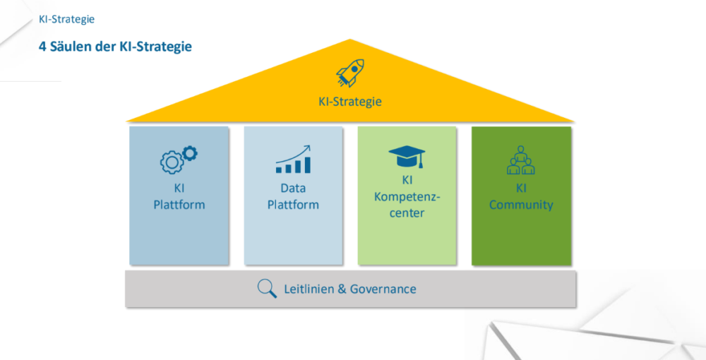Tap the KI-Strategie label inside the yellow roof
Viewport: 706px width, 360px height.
point(350,102)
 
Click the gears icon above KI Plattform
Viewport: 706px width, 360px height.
point(179,159)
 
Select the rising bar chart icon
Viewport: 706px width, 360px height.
point(293,160)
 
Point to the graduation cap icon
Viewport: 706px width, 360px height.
point(407,156)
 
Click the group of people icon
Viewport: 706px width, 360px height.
point(521,160)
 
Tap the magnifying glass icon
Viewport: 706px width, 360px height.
point(267,289)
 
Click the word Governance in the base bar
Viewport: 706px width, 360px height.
point(383,289)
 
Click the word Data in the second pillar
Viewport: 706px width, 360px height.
point(294,188)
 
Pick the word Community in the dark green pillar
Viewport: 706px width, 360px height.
point(521,205)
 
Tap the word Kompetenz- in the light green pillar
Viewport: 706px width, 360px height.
point(407,196)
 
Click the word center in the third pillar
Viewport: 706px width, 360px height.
point(407,212)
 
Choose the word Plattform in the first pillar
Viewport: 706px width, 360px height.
point(179,205)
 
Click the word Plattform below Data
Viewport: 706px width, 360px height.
point(294,205)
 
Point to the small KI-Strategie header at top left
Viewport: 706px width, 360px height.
point(67,19)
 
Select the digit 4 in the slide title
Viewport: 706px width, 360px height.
point(42,47)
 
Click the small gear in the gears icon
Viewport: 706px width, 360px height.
point(190,152)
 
